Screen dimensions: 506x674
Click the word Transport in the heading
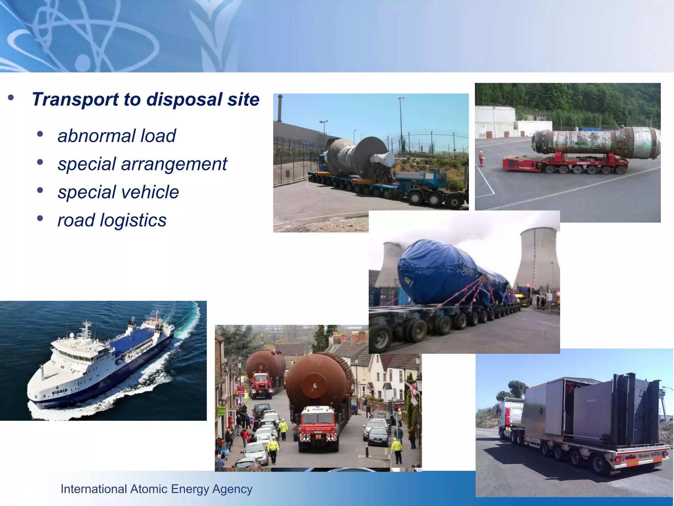(75, 99)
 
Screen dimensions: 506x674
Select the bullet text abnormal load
(117, 136)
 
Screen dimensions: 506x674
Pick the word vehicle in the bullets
(151, 192)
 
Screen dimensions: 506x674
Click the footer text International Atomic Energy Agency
(156, 489)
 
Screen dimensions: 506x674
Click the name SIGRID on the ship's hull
(60, 392)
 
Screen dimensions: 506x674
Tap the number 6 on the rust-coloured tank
(315, 386)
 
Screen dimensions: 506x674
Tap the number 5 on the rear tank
(261, 367)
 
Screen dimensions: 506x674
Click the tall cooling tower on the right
(536, 257)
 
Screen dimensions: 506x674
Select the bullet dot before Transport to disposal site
(11, 98)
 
